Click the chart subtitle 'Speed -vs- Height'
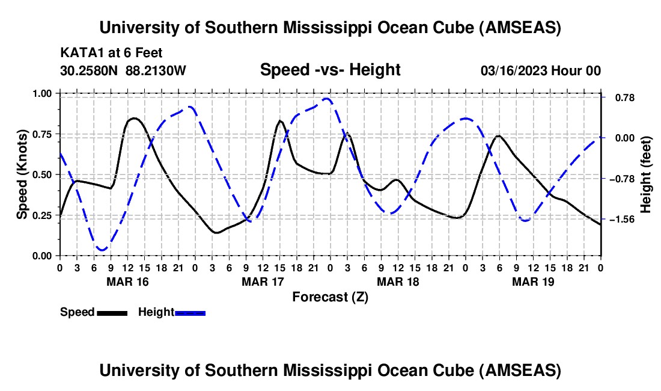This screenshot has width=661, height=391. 330,70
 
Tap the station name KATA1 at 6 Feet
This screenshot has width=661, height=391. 111,54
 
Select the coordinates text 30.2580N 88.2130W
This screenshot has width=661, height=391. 123,71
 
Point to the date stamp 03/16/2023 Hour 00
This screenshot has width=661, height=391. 541,71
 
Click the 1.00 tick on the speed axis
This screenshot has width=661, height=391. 42,93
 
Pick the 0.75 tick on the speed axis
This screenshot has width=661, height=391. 42,134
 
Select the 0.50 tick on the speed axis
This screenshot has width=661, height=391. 42,174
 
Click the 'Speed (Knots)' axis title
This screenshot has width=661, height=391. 22,174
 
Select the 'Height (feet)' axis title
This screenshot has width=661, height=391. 647,174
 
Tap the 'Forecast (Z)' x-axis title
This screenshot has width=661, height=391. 330,297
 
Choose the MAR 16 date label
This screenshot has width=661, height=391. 127,282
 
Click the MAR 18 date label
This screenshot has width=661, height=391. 398,282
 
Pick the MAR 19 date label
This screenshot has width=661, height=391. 533,282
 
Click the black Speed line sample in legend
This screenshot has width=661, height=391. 112,312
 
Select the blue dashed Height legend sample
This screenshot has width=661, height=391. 190,312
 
